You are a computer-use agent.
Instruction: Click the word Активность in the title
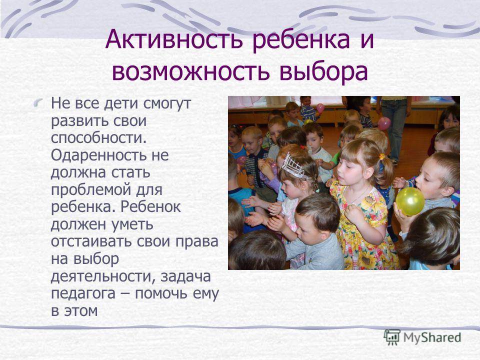(174, 39)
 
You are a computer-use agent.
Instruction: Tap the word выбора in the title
(323, 71)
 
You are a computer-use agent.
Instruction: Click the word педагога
(83, 294)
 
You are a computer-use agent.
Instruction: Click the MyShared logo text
(431, 338)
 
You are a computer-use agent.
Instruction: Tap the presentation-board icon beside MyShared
(392, 337)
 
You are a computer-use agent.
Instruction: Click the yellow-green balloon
(410, 201)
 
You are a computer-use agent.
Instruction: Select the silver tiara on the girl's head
(294, 167)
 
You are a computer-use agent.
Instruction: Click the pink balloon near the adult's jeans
(384, 123)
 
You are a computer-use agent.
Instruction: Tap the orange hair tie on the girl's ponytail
(381, 156)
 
